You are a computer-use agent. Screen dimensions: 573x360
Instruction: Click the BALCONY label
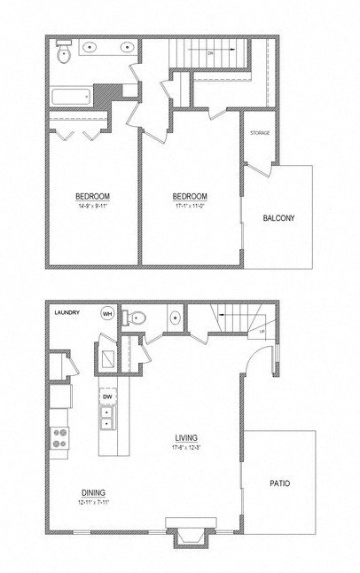(278, 218)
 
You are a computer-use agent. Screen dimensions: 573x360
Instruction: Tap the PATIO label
(280, 483)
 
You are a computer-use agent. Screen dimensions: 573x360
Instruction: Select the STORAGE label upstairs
(259, 132)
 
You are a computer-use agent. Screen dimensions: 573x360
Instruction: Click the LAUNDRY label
(67, 312)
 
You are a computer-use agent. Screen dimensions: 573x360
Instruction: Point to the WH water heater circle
(107, 313)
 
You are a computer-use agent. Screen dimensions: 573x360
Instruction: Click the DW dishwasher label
(108, 396)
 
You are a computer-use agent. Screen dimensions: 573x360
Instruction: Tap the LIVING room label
(186, 436)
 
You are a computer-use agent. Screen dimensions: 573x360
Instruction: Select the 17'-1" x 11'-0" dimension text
(189, 206)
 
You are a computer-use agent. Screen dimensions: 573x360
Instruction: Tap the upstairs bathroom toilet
(62, 54)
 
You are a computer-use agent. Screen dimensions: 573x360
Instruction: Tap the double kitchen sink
(108, 417)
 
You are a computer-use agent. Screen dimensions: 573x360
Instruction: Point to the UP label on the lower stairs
(262, 332)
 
